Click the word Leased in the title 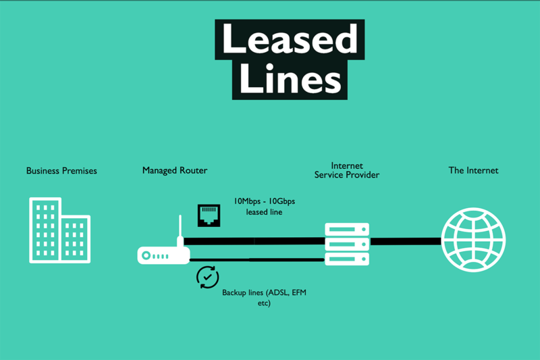pos(290,39)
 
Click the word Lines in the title pos(290,79)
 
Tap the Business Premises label pos(61,171)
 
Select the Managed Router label pos(175,171)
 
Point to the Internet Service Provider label pos(347,170)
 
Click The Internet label pos(473,171)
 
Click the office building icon pos(59,230)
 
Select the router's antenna pos(180,231)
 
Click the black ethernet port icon pos(209,215)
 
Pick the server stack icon pos(347,244)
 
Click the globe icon pos(473,240)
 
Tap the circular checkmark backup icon pos(208,277)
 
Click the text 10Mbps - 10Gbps pos(264,201)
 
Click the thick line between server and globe pos(405,241)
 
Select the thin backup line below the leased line pos(256,259)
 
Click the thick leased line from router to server pos(256,241)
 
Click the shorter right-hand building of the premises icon pos(76,238)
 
